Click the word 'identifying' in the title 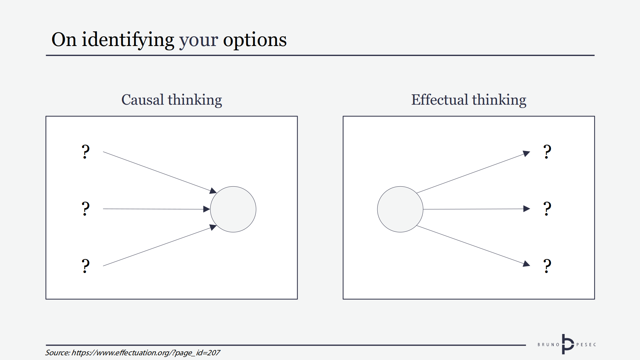point(128,40)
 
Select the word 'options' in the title point(255,40)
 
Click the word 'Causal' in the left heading point(143,100)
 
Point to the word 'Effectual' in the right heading point(440,100)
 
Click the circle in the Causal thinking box point(233,209)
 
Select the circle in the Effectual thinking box point(400,209)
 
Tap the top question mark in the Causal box point(86,152)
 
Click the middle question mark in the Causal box point(86,209)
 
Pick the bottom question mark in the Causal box point(86,266)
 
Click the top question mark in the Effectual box point(547,152)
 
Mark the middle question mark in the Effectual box point(547,209)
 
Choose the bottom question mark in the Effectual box point(547,266)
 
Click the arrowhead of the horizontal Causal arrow point(207,209)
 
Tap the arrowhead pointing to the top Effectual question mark point(527,153)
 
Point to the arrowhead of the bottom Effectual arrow point(527,264)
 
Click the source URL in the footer point(146,353)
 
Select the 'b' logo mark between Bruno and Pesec point(567,344)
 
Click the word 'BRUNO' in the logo point(548,345)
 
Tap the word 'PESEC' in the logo point(586,345)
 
